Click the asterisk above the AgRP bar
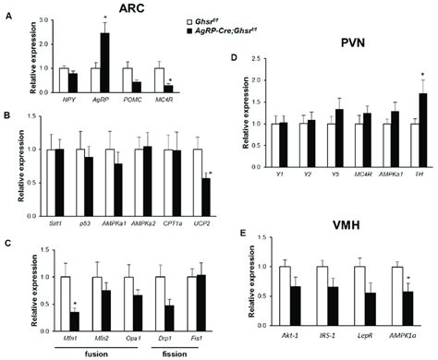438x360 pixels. pyautogui.click(x=106, y=18)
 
